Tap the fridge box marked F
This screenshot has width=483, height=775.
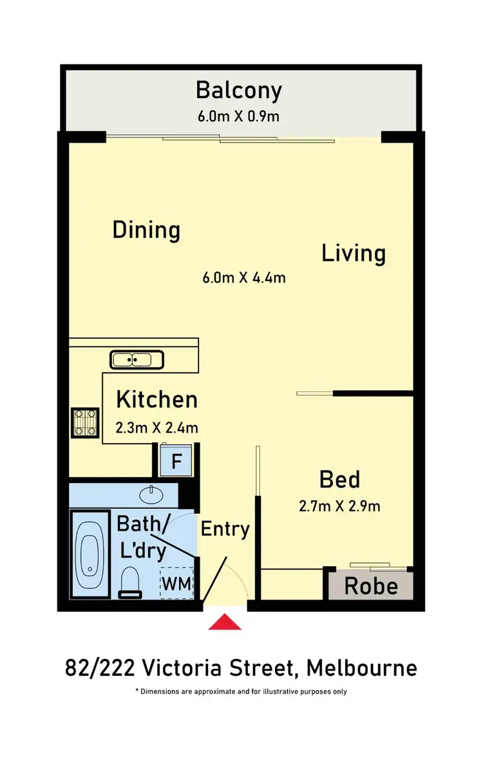175,462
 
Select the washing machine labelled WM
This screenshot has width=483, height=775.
176,584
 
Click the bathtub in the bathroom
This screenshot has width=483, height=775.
89,553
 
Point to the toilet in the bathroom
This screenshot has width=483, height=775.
130,582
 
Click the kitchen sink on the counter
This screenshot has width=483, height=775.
137,359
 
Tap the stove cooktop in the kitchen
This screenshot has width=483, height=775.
84,422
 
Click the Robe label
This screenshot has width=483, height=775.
370,586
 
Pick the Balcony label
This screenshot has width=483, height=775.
239,90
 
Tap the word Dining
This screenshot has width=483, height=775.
146,230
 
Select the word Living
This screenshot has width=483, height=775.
354,253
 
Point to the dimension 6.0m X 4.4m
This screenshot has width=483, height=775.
244,278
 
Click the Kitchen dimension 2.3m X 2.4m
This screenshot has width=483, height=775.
156,427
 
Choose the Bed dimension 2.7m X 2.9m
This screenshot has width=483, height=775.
339,506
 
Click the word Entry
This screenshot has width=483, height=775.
225,529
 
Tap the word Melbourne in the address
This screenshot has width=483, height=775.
361,668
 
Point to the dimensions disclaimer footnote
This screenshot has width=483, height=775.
241,692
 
